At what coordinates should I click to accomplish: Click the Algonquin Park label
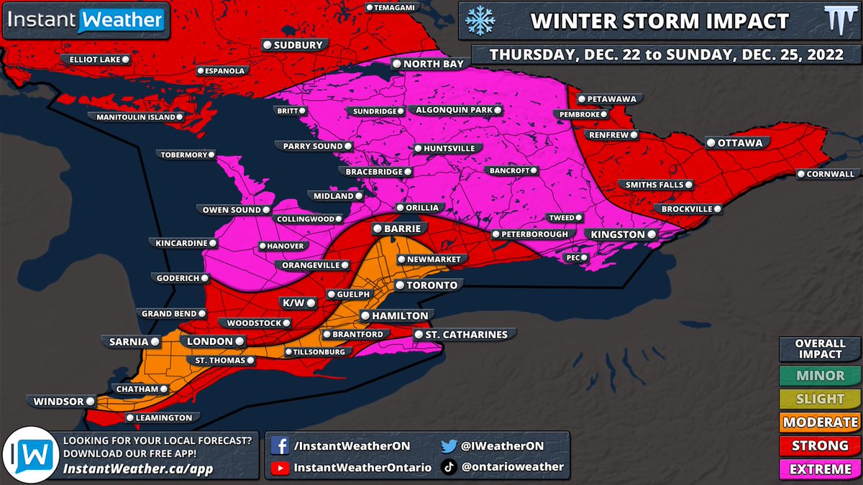455,110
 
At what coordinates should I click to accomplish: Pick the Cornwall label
829,174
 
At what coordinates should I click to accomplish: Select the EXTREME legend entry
819,469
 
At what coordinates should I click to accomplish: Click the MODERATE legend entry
819,422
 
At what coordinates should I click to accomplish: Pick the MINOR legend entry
819,375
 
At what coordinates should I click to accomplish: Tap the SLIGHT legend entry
819,399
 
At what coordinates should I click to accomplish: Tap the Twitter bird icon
449,445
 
